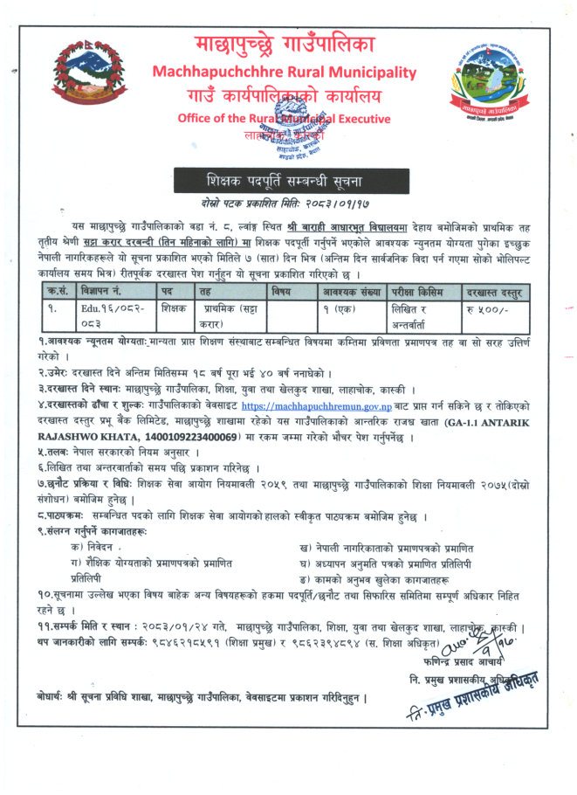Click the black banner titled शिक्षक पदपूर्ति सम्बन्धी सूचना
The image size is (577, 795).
click(x=286, y=182)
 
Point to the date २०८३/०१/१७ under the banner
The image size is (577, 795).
click(x=330, y=202)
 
